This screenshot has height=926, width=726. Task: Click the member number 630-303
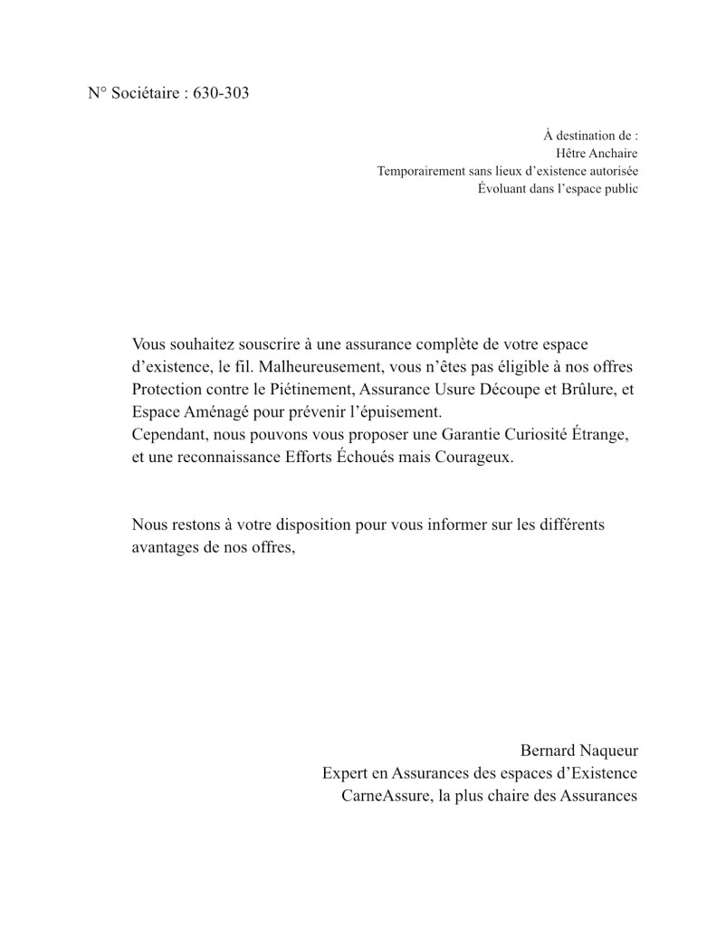[x=221, y=93]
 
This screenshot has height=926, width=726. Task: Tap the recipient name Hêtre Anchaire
[x=597, y=153]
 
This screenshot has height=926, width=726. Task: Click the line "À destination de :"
[x=591, y=135]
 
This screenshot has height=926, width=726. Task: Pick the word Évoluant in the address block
[x=502, y=189]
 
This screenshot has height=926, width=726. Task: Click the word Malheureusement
[x=316, y=367]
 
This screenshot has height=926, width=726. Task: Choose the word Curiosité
[x=531, y=435]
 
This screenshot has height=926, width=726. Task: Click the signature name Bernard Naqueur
[x=578, y=751]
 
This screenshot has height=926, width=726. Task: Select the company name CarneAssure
[x=384, y=797]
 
